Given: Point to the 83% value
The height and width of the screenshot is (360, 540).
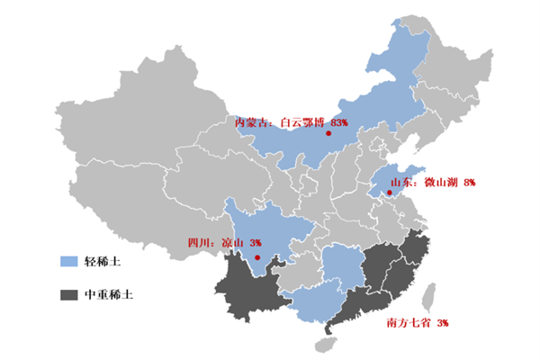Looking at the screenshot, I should point(339,121).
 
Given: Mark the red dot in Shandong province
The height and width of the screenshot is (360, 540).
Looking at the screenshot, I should point(389,191).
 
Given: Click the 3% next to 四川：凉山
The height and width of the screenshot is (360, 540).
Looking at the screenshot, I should point(256,243).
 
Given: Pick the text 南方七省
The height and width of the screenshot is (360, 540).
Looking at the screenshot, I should point(407,322).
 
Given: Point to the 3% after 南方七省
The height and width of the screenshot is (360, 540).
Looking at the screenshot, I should point(443,322).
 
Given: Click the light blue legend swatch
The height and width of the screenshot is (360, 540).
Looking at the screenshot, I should point(68,262).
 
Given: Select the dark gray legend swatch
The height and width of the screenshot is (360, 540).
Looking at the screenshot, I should point(68,294).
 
